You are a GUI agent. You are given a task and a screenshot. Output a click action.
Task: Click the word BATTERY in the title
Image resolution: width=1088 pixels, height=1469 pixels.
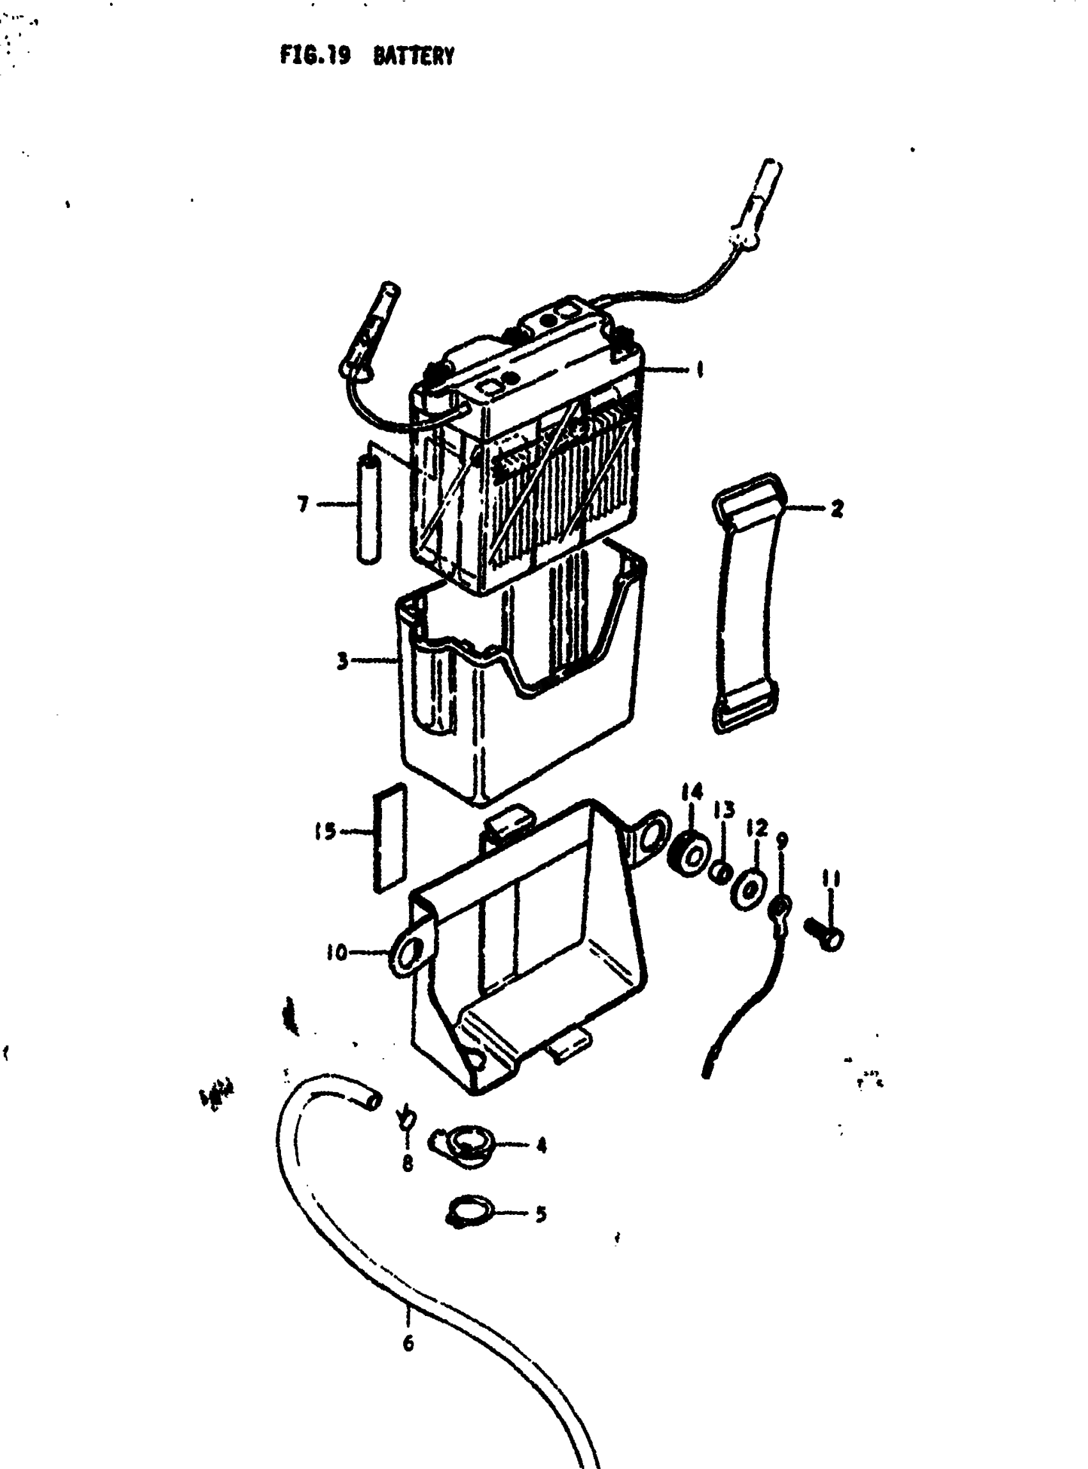click(413, 57)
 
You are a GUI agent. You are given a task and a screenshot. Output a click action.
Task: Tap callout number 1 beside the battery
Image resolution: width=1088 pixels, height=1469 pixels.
click(699, 369)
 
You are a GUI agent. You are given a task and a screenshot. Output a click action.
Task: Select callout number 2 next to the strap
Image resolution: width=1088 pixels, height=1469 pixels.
click(836, 509)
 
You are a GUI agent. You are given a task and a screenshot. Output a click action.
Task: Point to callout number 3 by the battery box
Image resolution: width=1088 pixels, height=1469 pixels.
click(342, 660)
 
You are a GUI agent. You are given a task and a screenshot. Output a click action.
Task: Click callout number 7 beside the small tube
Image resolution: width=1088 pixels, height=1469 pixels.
click(303, 504)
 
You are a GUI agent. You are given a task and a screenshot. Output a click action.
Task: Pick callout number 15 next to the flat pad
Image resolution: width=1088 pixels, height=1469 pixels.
click(325, 831)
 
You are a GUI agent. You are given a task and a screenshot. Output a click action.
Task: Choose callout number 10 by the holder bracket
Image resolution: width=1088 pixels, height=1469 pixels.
click(336, 952)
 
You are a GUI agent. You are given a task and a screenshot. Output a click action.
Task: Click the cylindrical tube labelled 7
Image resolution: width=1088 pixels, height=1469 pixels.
click(369, 512)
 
